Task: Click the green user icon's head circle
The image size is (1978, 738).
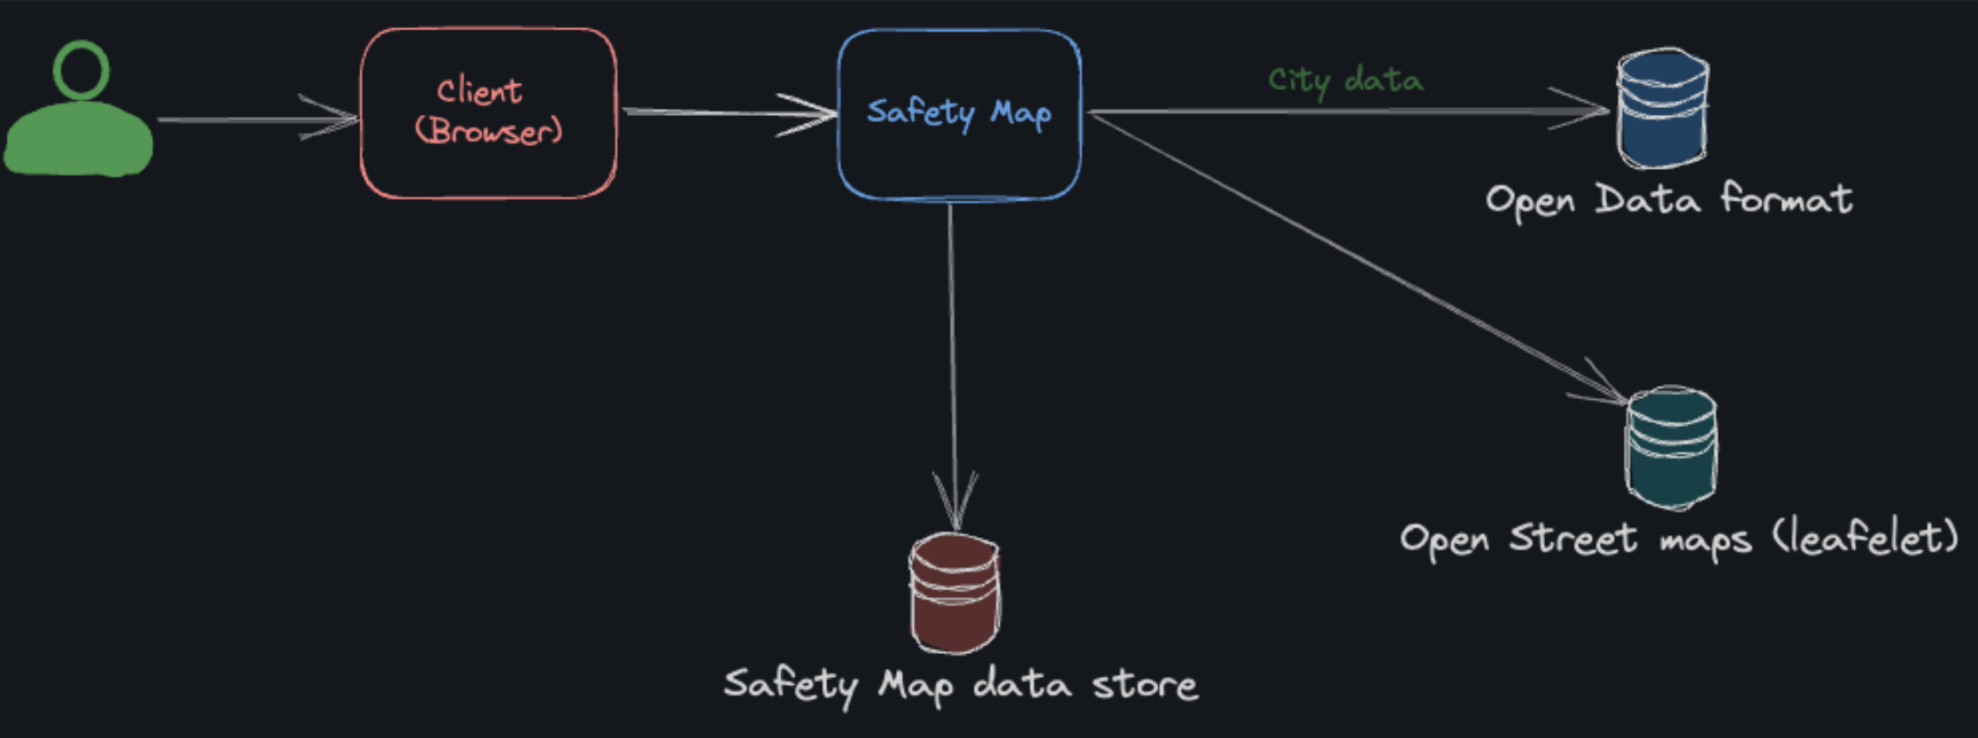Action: pos(81,69)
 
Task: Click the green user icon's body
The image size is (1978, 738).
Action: pos(79,139)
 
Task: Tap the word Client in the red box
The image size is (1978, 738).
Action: pos(479,91)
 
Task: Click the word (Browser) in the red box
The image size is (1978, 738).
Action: pos(489,131)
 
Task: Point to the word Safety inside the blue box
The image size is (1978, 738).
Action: pos(920,112)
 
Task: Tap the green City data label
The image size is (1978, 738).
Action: pos(1345,81)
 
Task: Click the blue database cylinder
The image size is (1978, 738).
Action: pos(1663,108)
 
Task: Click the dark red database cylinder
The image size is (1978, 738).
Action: pos(955,592)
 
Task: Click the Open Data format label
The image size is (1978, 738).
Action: pos(1668,199)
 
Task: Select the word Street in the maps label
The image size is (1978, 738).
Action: pos(1572,538)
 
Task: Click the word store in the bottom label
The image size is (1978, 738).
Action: pos(1145,684)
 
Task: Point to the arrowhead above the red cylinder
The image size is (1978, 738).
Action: pos(955,503)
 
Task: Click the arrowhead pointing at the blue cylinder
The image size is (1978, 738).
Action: pos(1585,110)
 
